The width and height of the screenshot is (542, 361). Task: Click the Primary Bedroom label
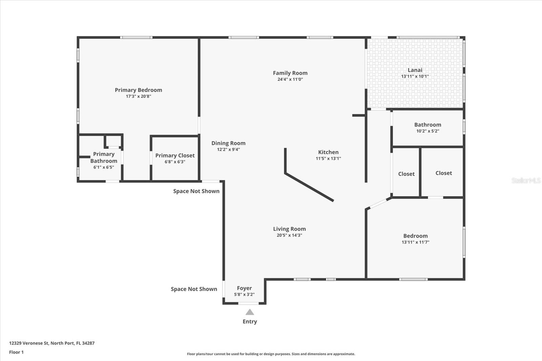point(138,90)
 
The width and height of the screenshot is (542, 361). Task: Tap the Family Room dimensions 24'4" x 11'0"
point(290,80)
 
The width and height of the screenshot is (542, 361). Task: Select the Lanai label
point(415,70)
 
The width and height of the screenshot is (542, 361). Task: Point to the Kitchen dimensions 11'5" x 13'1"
point(328,158)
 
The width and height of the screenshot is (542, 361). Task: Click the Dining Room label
point(228,143)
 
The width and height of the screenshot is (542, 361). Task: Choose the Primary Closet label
point(175,155)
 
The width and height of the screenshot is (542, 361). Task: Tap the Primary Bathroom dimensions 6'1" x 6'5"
point(104,167)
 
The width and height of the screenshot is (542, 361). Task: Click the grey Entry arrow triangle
point(250,312)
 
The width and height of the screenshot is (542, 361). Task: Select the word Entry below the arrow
point(250,322)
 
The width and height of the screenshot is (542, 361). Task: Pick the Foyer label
point(244,288)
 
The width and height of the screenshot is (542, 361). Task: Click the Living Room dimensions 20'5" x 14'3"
point(289,235)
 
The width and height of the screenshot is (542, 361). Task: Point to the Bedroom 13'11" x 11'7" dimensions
point(415,242)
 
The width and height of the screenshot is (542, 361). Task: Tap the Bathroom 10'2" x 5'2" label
point(428,125)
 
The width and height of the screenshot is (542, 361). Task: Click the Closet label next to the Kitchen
point(406,174)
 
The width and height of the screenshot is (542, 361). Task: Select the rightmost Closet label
point(443,173)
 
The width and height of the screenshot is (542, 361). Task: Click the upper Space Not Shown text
point(196,191)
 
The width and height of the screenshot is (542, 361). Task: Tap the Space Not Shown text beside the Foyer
point(194,289)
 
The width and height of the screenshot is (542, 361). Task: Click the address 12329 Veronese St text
point(52,343)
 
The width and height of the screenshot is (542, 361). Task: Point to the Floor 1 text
point(16,352)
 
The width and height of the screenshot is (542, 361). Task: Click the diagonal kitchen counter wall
point(309,187)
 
